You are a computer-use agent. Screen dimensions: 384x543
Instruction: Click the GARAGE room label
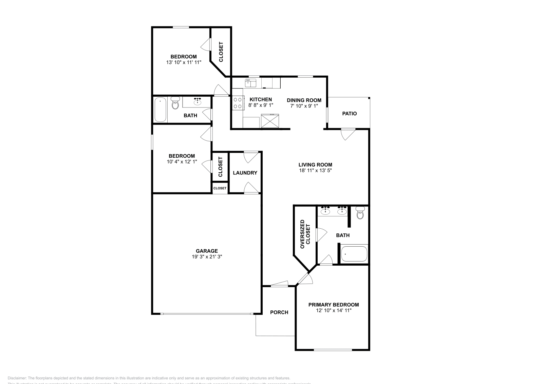click(207, 251)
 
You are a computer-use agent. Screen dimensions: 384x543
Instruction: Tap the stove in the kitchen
click(238, 103)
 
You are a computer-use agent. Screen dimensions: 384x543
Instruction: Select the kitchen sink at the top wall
click(250, 82)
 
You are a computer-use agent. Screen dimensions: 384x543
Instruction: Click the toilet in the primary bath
click(360, 214)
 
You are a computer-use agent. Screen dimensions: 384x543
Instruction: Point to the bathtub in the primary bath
click(354, 254)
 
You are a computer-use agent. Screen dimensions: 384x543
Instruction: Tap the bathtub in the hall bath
click(160, 109)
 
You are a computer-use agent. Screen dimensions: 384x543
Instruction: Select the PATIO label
click(349, 114)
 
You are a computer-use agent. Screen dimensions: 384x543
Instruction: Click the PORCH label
click(279, 312)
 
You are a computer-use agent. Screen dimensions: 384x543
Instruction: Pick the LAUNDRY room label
click(245, 173)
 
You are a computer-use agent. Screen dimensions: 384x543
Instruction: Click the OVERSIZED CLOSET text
click(305, 234)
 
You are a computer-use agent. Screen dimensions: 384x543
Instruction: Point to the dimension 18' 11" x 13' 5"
click(315, 171)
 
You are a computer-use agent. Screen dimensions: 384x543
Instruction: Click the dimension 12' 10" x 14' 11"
click(333, 310)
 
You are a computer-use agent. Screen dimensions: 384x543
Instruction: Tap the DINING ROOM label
click(304, 100)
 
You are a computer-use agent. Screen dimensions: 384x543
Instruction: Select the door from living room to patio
click(348, 134)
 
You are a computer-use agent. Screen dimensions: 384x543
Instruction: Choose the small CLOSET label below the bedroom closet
click(220, 188)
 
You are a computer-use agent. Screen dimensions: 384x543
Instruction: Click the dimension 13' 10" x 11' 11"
click(184, 62)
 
